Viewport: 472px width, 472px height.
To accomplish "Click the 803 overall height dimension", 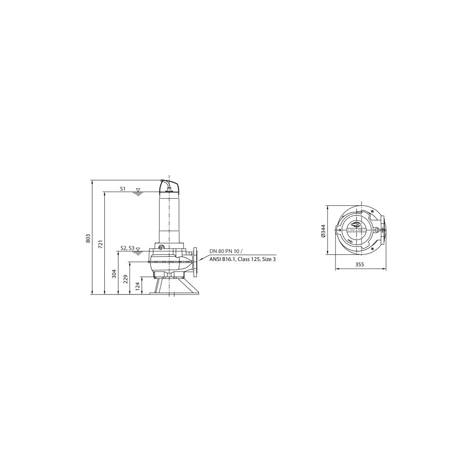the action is pos(88,238).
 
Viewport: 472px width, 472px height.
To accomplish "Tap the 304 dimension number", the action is pos(114,274).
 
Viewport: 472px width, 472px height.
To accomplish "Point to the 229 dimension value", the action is pos(126,279).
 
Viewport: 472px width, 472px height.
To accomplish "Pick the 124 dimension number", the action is pos(137,286).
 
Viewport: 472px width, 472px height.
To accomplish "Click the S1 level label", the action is pos(123,189).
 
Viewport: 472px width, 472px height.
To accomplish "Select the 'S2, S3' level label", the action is pos(127,248).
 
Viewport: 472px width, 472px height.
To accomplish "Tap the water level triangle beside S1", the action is pos(138,190).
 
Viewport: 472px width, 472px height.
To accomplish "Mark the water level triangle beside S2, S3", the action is pos(138,249).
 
